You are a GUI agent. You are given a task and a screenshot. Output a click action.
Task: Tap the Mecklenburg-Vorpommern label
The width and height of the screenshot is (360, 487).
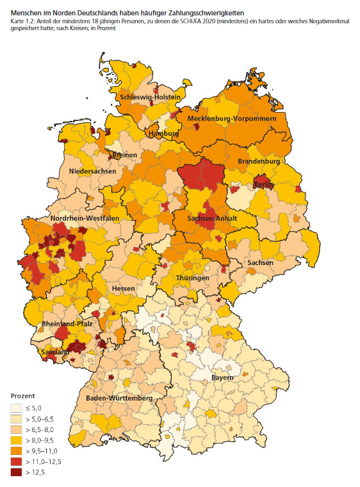(232, 119)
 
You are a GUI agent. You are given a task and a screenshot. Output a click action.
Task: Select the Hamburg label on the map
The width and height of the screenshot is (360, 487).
(163, 134)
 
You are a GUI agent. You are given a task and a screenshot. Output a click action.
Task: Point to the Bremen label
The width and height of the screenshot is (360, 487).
(124, 155)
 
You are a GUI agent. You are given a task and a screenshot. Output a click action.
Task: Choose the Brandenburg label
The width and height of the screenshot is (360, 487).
(259, 162)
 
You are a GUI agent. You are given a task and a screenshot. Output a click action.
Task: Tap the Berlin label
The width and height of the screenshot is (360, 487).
(264, 184)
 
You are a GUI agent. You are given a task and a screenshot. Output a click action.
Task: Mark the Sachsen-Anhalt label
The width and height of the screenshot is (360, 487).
(213, 218)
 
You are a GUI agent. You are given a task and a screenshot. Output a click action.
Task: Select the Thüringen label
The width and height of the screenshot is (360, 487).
(193, 278)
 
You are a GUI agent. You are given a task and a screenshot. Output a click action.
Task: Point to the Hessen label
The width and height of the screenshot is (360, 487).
(123, 289)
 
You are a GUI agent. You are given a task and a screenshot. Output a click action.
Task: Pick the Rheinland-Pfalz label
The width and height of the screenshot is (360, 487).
(67, 324)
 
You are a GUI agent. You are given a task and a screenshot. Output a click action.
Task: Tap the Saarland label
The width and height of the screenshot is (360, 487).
(54, 352)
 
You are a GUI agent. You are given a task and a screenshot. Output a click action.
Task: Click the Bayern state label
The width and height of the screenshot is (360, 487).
(222, 378)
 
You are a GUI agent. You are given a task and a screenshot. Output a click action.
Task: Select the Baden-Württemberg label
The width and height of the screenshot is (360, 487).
(119, 399)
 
